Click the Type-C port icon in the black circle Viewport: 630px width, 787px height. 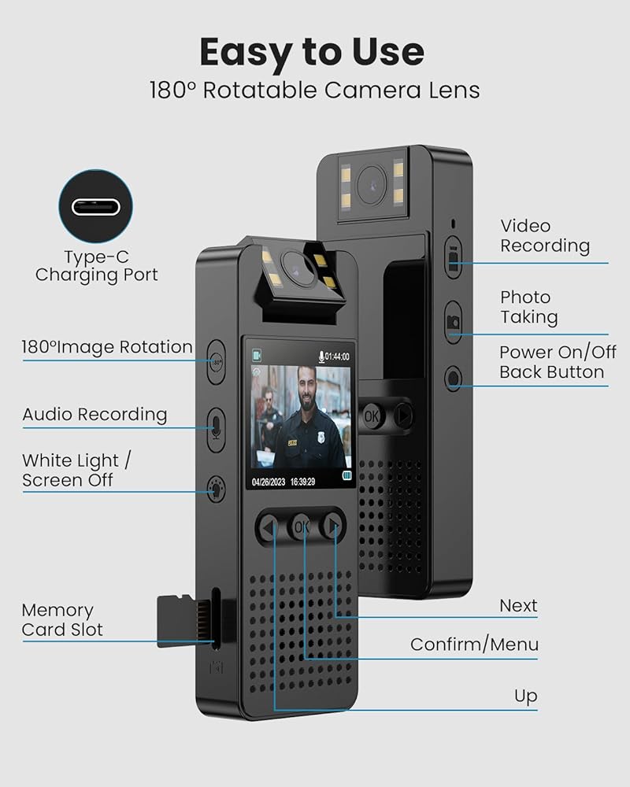pyautogui.click(x=97, y=208)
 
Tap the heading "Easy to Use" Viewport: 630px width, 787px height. pyautogui.click(x=312, y=53)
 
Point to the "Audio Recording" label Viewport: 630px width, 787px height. pyautogui.click(x=94, y=414)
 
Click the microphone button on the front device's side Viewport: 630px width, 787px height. pyautogui.click(x=217, y=427)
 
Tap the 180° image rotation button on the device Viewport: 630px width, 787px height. pyautogui.click(x=217, y=363)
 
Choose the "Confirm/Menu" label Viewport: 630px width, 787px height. pyautogui.click(x=474, y=645)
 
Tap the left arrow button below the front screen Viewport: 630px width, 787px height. pyautogui.click(x=269, y=527)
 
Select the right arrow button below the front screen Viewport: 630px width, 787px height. pyautogui.click(x=334, y=525)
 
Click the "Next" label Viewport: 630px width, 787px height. pyautogui.click(x=518, y=605)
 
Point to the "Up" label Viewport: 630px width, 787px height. pyautogui.click(x=525, y=696)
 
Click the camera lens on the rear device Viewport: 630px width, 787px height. pyautogui.click(x=369, y=183)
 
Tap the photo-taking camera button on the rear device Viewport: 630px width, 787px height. pyautogui.click(x=454, y=321)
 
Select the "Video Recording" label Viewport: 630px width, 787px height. pyautogui.click(x=545, y=236)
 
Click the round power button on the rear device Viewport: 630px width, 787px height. pyautogui.click(x=453, y=379)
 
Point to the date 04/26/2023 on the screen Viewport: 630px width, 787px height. pyautogui.click(x=269, y=482)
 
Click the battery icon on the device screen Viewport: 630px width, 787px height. pyautogui.click(x=347, y=476)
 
